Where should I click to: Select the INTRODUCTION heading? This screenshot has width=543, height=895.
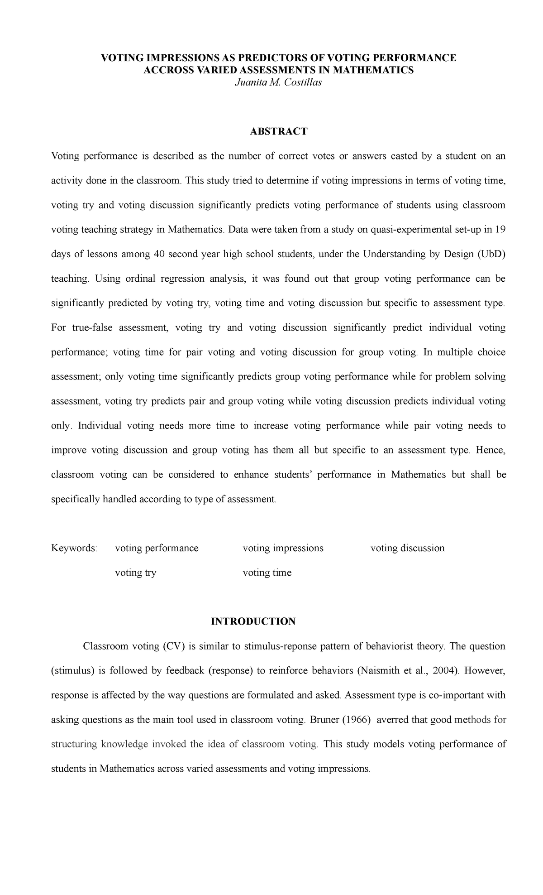[x=253, y=621]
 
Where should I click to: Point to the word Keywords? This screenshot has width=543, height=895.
[x=74, y=548]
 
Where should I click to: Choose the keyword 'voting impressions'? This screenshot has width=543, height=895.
[x=283, y=548]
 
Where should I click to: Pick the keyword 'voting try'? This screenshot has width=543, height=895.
[x=135, y=573]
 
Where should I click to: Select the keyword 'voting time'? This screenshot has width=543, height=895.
[x=267, y=573]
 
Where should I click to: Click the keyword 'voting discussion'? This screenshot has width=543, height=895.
[x=407, y=548]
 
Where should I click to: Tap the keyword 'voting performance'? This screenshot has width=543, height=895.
[x=157, y=548]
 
